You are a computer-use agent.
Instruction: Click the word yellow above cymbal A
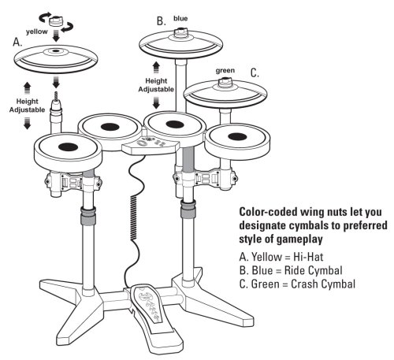pos(37,32)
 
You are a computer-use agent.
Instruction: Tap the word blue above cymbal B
pos(180,18)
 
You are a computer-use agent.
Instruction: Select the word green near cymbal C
pos(225,71)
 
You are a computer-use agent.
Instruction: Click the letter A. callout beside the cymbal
pos(17,42)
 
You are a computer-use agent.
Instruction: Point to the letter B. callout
pos(162,21)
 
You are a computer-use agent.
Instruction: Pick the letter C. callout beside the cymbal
pos(255,72)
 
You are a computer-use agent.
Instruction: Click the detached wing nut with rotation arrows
pos(56,21)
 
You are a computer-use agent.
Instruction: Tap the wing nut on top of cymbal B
pos(180,32)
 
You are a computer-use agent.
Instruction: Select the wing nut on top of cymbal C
pos(225,82)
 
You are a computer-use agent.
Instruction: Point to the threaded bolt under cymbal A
pos(56,95)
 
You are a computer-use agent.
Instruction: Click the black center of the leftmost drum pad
pos(68,147)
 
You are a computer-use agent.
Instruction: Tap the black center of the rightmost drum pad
pos(237,137)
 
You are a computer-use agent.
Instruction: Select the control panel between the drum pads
pos(151,146)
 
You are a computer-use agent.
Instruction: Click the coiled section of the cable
pos(133,217)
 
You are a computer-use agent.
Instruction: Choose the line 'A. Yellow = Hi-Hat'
pos(281,257)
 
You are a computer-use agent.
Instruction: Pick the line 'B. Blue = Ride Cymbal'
pos(291,270)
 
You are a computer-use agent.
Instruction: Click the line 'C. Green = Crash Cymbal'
pos(297,284)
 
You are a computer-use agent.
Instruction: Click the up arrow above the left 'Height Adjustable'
pos(27,88)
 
